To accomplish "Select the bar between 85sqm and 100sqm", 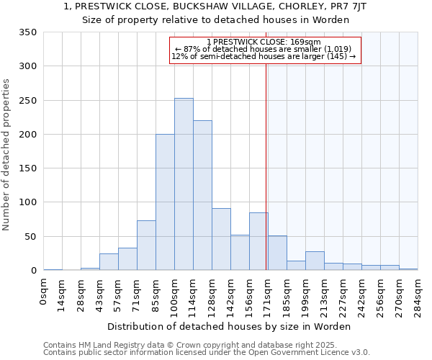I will pyautogui.click(x=165, y=202).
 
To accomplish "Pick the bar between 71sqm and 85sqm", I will pyautogui.click(x=146, y=246).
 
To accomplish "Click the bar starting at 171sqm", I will pyautogui.click(x=277, y=253).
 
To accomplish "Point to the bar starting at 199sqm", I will pyautogui.click(x=315, y=261).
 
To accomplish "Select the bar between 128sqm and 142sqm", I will pyautogui.click(x=221, y=240).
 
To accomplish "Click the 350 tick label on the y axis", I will pyautogui.click(x=28, y=32).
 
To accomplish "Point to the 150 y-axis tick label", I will pyautogui.click(x=28, y=168).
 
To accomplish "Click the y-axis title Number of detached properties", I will pyautogui.click(x=7, y=154).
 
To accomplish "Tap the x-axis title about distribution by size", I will pyautogui.click(x=230, y=326).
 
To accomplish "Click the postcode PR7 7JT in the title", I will pyautogui.click(x=349, y=6).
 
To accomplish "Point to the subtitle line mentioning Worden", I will pyautogui.click(x=215, y=20).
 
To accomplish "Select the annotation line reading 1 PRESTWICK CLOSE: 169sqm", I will pyautogui.click(x=264, y=42).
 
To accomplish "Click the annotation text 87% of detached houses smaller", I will pyautogui.click(x=264, y=49).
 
